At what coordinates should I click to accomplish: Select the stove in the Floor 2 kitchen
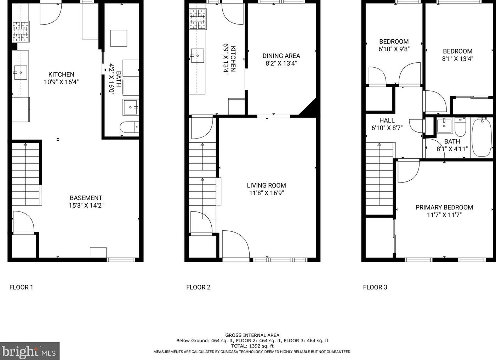coord(198,19)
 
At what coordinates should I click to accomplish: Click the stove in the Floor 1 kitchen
coord(21,32)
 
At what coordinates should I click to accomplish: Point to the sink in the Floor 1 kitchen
coord(20,73)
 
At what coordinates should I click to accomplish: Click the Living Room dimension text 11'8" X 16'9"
coord(266,193)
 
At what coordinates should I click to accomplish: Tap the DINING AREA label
coord(281,56)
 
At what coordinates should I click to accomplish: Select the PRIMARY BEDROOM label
coord(444,207)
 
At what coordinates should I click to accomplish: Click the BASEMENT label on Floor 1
coord(86,198)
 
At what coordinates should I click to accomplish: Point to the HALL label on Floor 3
coord(387,120)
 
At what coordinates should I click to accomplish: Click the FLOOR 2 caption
coord(198,287)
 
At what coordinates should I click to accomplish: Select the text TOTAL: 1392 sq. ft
coord(252,346)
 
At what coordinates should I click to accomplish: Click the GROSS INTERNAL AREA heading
coord(252,335)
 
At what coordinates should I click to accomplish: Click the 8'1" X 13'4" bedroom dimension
coord(457,59)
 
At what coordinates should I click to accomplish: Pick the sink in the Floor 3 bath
coord(444,125)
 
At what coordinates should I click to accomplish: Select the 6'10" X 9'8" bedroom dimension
coord(394,49)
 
